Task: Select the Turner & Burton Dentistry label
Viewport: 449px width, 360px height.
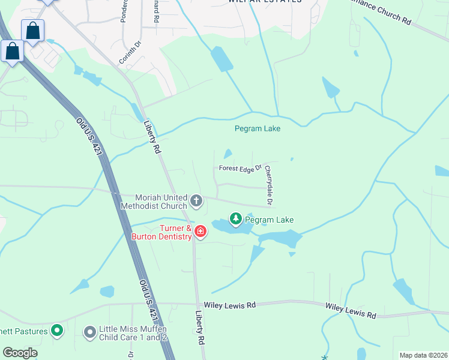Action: pos(161,232)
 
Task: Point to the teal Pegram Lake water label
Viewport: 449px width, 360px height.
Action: pos(257,128)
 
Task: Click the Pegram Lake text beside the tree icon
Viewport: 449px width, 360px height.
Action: pos(270,220)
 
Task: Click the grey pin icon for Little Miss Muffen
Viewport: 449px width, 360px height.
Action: pos(91,332)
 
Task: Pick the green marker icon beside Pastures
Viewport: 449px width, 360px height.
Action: pos(57,329)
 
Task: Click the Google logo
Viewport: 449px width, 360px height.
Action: pos(20,353)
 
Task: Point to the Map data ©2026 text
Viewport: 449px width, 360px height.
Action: pos(423,355)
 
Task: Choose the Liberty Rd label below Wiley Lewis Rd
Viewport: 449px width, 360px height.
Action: pos(200,327)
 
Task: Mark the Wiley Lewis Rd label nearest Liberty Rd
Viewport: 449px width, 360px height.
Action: pos(230,305)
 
